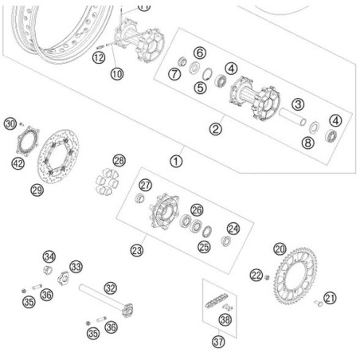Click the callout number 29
[x=37, y=189]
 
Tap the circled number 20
[x=279, y=248]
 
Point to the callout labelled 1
[x=176, y=160]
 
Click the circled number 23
[x=137, y=250]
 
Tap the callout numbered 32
[x=110, y=288]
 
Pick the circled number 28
[x=119, y=162]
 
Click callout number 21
[x=330, y=299]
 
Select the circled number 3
[x=297, y=104]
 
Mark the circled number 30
[x=10, y=123]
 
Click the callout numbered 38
[x=225, y=320]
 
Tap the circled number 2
[x=214, y=127]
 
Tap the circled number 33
[x=76, y=266]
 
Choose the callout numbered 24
[x=233, y=229]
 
